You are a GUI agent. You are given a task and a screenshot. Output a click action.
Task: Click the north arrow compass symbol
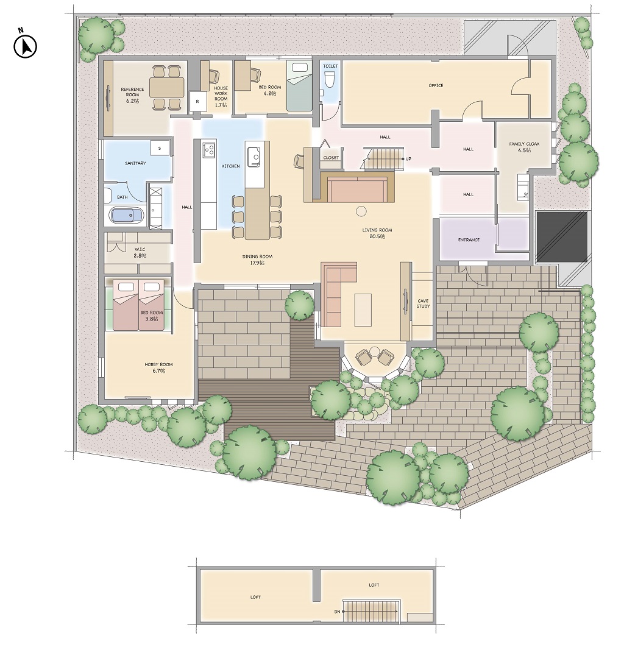tap(25, 46)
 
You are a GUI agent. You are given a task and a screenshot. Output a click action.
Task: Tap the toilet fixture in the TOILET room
tap(329, 80)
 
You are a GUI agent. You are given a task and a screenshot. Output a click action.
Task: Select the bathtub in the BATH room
tap(127, 215)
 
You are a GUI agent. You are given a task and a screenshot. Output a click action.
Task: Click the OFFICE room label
tap(436, 85)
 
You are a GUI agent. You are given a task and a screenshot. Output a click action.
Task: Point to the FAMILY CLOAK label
tap(524, 144)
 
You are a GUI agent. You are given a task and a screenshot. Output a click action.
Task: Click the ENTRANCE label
tap(469, 240)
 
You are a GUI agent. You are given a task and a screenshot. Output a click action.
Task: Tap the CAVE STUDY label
tap(423, 303)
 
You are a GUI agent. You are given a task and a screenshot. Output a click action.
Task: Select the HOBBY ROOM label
tap(159, 364)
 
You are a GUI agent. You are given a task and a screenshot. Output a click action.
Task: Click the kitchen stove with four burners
tap(209, 149)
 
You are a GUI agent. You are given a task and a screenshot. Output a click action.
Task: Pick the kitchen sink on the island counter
tap(253, 157)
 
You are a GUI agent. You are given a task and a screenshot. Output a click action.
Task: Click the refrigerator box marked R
tap(197, 101)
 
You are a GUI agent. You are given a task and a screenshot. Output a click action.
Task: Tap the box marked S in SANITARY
tap(160, 148)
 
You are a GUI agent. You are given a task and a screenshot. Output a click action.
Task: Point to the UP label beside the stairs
tap(408, 159)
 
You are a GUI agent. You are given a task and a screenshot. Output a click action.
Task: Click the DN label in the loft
tap(337, 612)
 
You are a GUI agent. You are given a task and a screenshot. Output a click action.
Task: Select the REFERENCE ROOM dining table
tap(167, 88)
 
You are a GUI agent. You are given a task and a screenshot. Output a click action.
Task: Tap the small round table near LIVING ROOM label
tap(361, 211)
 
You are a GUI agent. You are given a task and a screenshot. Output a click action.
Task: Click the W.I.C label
tap(140, 250)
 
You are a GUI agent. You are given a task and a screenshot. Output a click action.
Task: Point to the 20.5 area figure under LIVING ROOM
tap(377, 236)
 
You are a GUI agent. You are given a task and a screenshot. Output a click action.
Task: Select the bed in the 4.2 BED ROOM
tap(299, 86)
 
